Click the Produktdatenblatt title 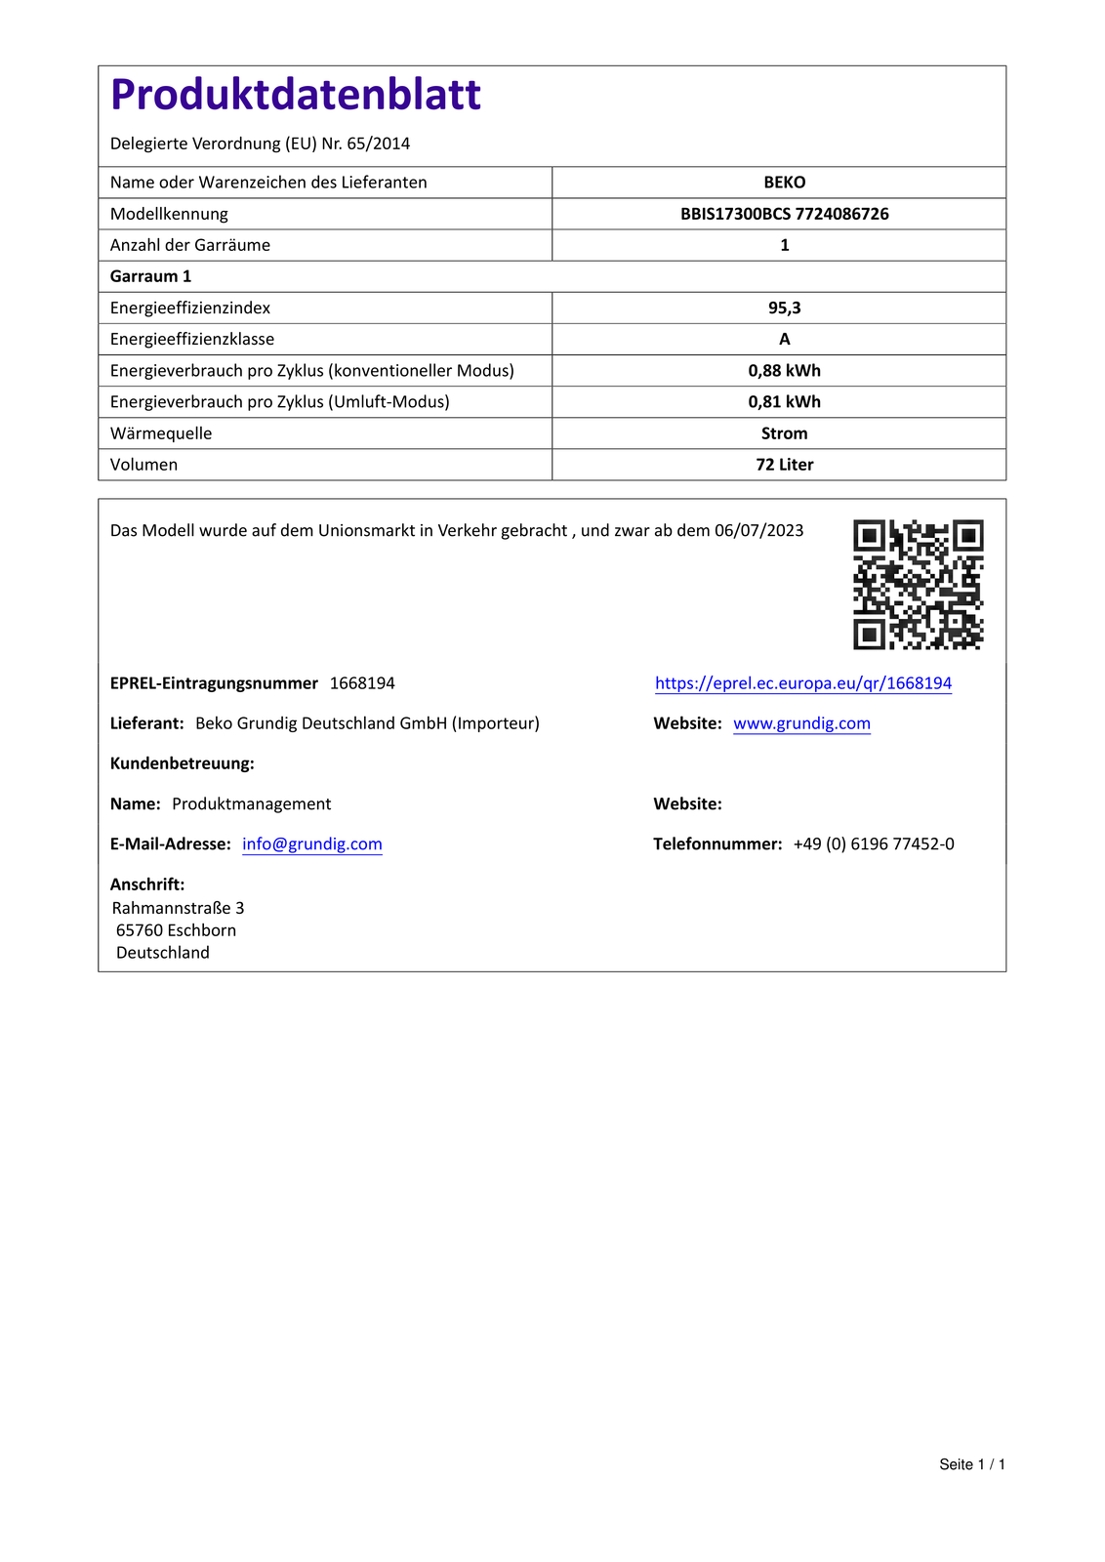pos(296,95)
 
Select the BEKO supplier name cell pos(784,183)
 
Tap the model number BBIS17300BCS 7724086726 pos(784,214)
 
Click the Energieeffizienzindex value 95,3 pos(784,308)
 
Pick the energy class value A pos(784,339)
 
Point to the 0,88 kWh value pos(784,370)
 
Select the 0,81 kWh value pos(784,401)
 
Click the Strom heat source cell pos(784,433)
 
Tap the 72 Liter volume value pos(784,465)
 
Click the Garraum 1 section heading pos(150,276)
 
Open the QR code pos(918,584)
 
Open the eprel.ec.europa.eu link pos(802,683)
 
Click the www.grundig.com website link pos(801,723)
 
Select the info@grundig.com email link pos(312,843)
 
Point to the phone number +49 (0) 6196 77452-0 pos(874,843)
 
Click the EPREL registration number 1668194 pos(362,683)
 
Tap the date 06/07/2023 pos(758,530)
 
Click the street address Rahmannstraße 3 pos(178,908)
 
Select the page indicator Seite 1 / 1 pos(971,1464)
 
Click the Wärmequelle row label pos(161,433)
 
